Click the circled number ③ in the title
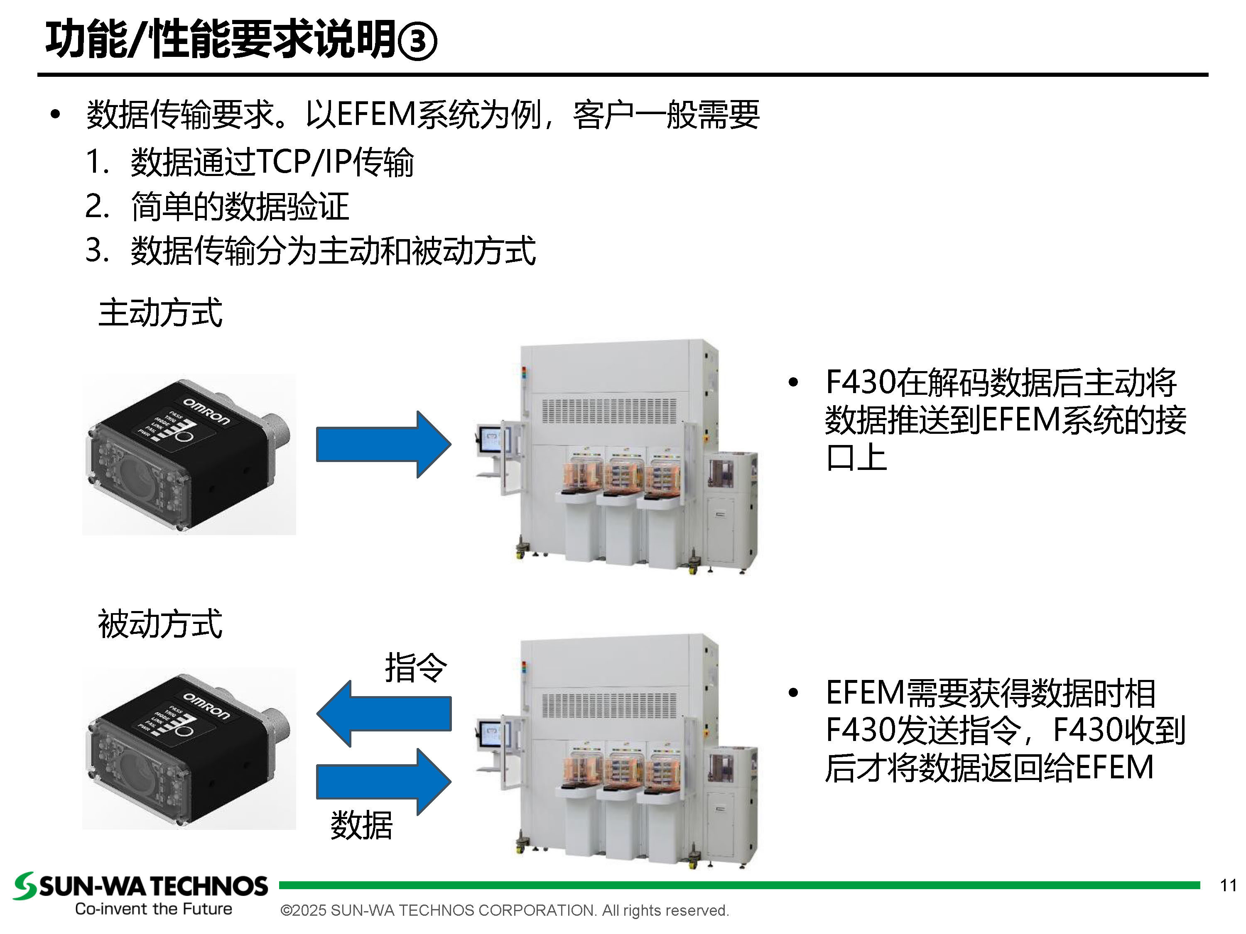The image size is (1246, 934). tap(417, 41)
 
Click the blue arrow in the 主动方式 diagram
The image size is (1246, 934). tap(383, 444)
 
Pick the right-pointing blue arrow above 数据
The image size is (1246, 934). tap(383, 781)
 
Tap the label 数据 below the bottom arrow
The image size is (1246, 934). tap(361, 825)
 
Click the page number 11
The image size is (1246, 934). tap(1228, 885)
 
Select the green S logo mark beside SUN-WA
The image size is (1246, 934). tap(25, 885)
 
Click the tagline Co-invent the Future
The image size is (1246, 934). tap(153, 909)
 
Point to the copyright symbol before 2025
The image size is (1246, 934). tap(286, 911)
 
